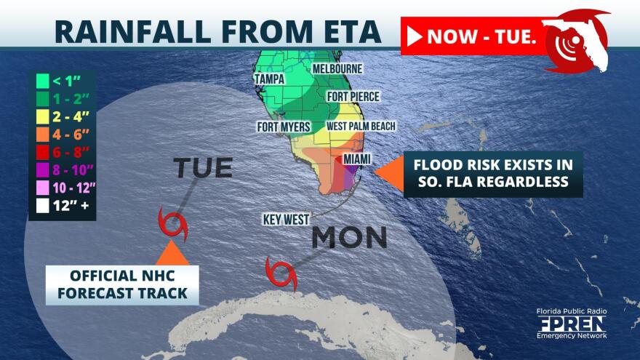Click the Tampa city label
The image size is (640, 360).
[x=268, y=79]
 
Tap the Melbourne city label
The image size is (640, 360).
[x=337, y=68]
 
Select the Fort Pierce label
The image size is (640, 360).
[x=353, y=96]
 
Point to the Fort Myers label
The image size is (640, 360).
[x=284, y=127]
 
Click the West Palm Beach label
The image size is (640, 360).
[x=361, y=127]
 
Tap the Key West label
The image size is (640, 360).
[x=286, y=218]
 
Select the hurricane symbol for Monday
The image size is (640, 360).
[x=281, y=273]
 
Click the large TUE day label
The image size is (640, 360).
[x=203, y=168]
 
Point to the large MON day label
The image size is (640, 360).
[x=349, y=238]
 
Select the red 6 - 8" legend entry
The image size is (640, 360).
[x=63, y=152]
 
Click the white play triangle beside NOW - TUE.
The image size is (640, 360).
[x=415, y=36]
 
